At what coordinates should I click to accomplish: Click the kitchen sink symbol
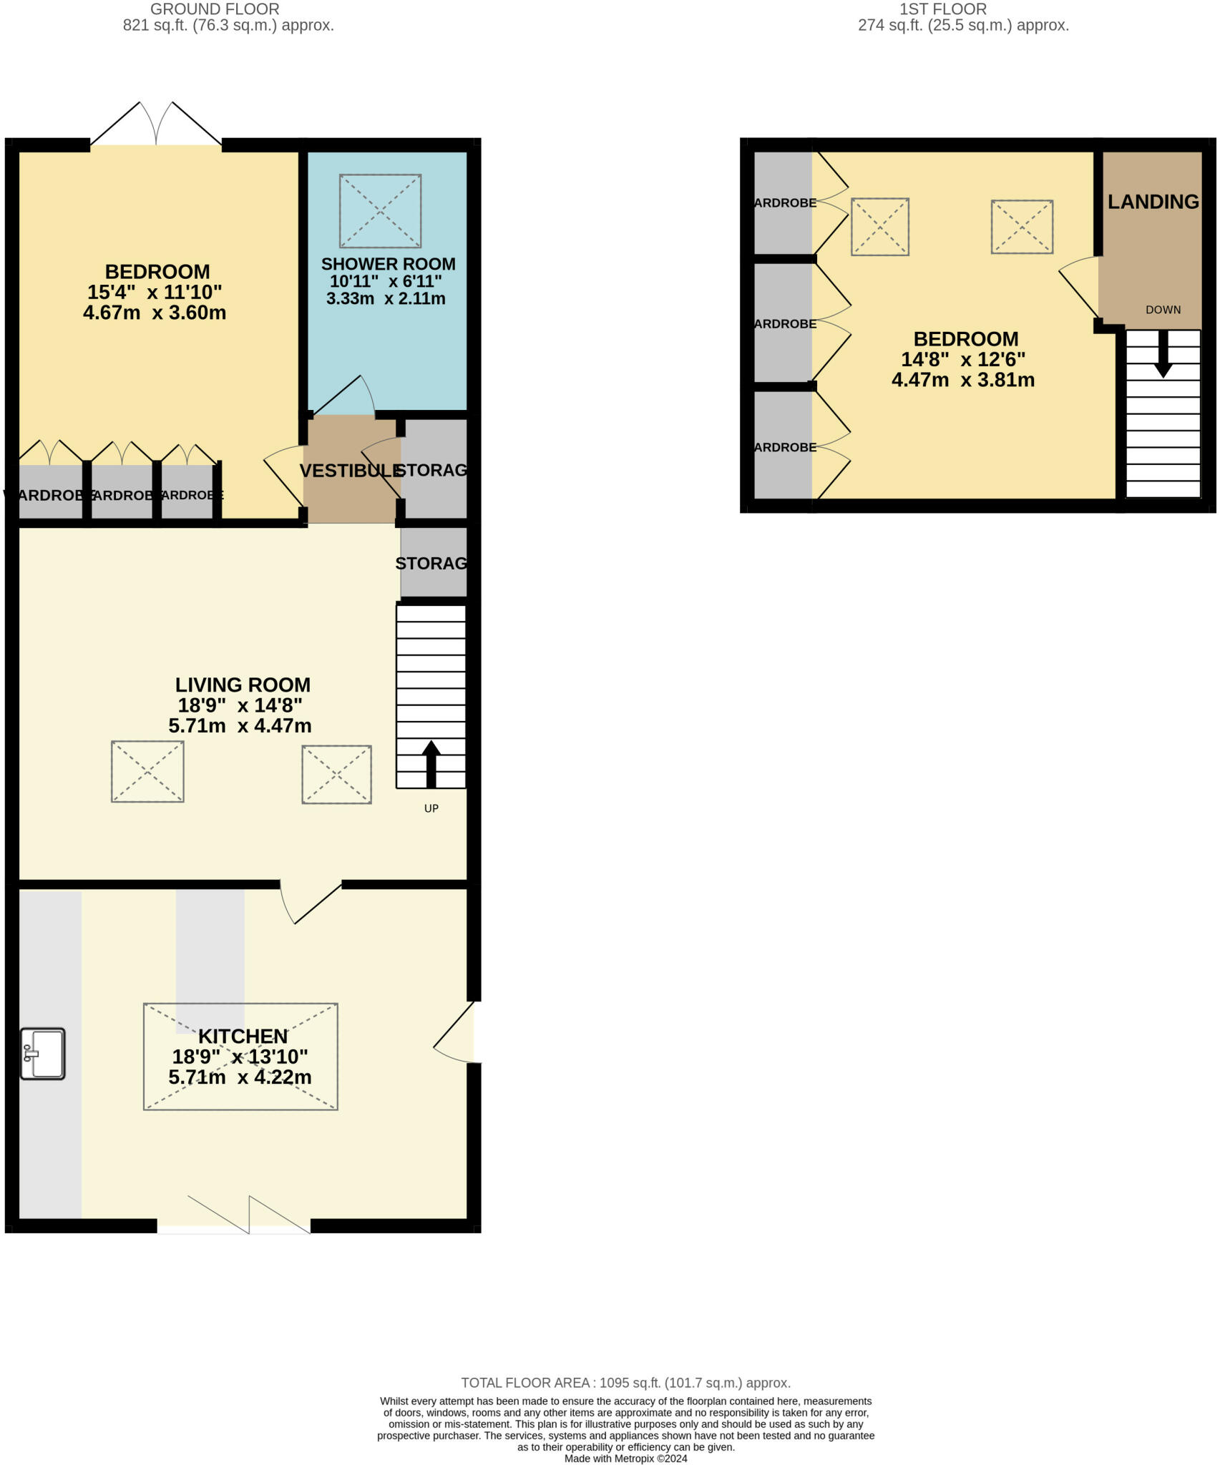pos(43,1053)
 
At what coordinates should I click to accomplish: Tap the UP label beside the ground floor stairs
pos(431,808)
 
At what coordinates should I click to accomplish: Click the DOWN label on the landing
pos(1163,310)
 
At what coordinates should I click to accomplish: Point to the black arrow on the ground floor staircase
pos(431,764)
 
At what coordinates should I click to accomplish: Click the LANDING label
pos(1153,202)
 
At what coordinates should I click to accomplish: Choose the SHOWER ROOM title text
pos(388,264)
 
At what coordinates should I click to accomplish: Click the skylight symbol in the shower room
pos(380,211)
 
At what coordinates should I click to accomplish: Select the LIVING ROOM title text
pos(243,685)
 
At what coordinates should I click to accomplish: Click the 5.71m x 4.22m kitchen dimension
pos(240,1077)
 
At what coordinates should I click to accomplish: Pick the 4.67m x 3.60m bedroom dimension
pos(155,313)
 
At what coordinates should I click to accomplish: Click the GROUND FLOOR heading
pos(215,9)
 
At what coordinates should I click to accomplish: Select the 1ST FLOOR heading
pos(942,9)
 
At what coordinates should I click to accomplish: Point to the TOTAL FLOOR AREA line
pos(625,1383)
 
